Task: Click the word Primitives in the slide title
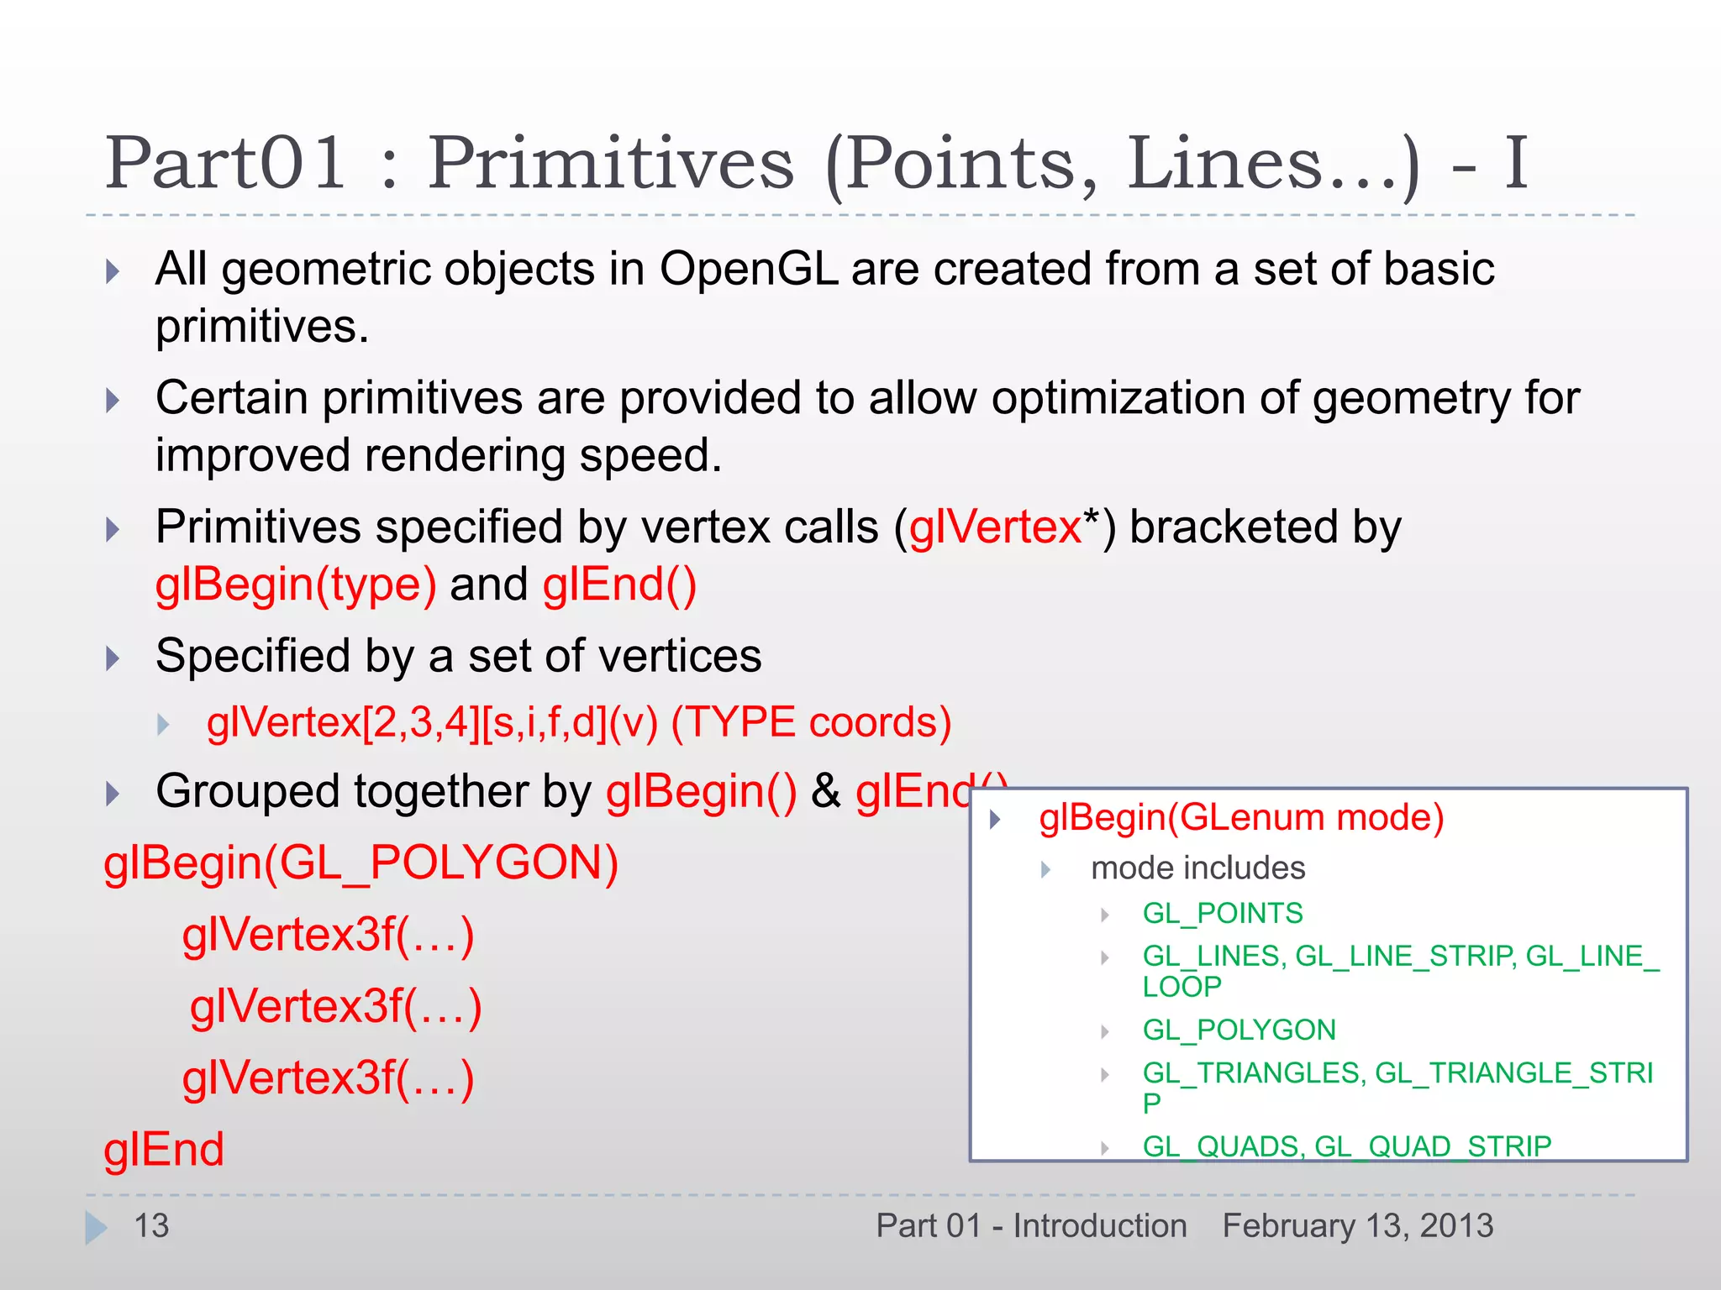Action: tap(611, 164)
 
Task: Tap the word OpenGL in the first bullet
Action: tap(748, 270)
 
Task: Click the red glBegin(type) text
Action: tap(296, 585)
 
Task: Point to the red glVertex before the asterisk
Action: tap(995, 528)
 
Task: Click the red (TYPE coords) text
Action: tap(811, 722)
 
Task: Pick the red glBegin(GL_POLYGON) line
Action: tap(361, 863)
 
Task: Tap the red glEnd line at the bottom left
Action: tap(164, 1150)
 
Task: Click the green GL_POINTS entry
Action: tap(1223, 914)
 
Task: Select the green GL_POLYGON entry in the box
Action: tap(1239, 1030)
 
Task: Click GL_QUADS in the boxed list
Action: tap(1222, 1146)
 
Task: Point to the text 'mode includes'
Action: tap(1197, 868)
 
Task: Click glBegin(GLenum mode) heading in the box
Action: tap(1241, 818)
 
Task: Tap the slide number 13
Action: tap(152, 1226)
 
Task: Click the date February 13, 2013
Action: tap(1358, 1226)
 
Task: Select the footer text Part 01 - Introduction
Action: tap(1031, 1226)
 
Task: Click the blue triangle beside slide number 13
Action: tap(96, 1228)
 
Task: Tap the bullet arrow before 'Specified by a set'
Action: tap(113, 658)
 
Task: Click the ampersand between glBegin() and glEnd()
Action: tap(826, 792)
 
